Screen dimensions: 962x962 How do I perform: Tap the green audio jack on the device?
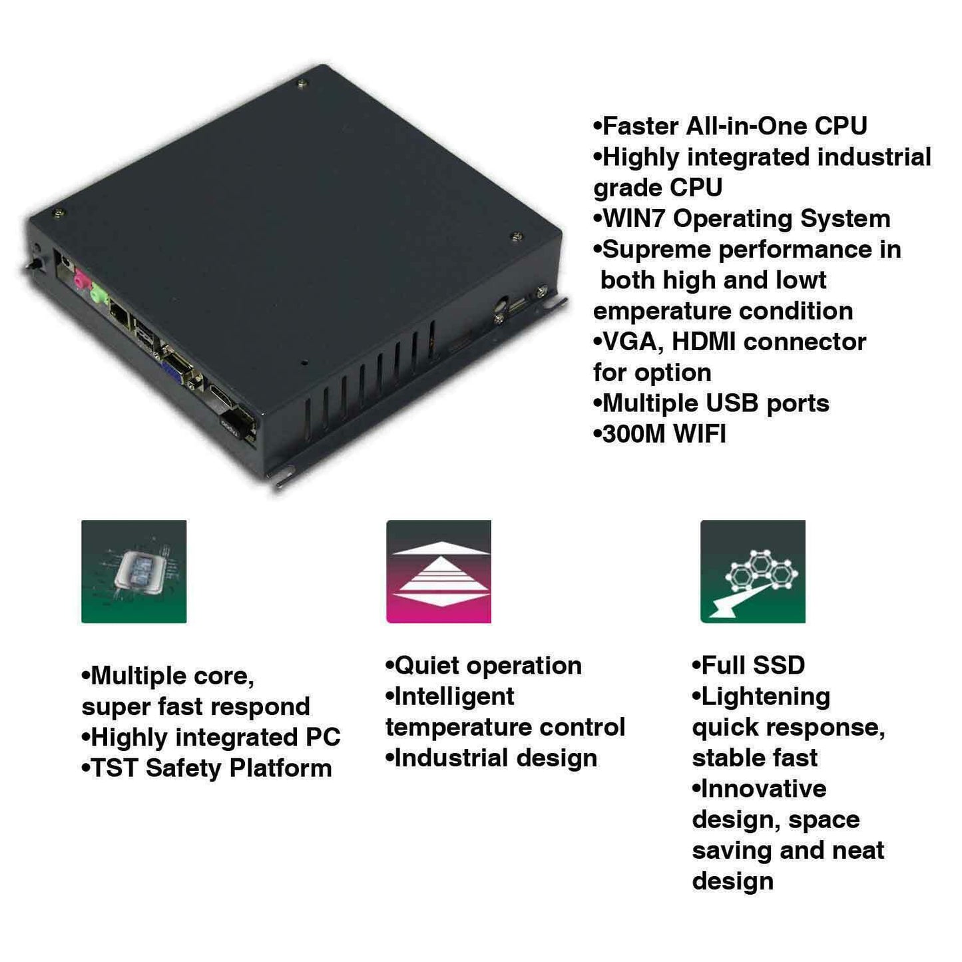(x=99, y=296)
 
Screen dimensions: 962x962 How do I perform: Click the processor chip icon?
(x=134, y=571)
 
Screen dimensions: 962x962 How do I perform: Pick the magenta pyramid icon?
(x=438, y=571)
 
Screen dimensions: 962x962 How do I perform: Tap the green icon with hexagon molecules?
(x=752, y=571)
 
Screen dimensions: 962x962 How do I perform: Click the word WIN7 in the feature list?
(x=634, y=218)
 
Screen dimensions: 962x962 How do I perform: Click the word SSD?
(x=778, y=665)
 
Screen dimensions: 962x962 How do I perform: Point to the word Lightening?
(x=766, y=698)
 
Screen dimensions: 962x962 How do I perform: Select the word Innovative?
(x=764, y=790)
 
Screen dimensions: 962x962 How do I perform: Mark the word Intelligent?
(x=454, y=698)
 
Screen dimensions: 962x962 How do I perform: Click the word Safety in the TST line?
(x=183, y=769)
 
